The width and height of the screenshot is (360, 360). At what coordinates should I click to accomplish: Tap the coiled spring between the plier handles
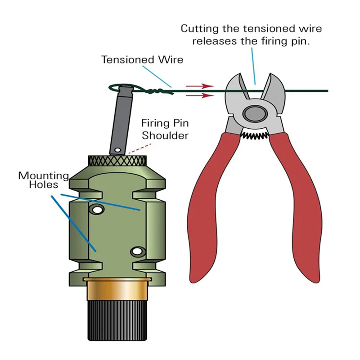254,135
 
